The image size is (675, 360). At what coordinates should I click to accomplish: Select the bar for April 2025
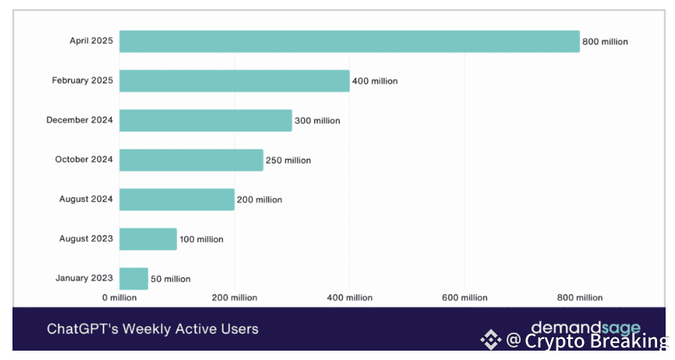coord(349,41)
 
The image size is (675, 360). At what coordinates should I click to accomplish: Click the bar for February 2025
coord(234,80)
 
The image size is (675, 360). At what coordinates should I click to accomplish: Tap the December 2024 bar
coord(205,120)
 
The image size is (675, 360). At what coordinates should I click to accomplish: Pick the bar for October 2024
coord(191,160)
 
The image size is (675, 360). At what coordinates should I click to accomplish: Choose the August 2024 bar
coord(177,199)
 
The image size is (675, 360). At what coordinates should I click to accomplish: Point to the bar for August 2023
coord(148,239)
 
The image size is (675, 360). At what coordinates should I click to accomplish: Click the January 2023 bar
coord(133,278)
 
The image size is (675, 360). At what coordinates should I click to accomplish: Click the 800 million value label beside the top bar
coord(605,41)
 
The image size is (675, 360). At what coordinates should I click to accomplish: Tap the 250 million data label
coord(288,161)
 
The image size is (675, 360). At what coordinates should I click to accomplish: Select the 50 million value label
coord(171,279)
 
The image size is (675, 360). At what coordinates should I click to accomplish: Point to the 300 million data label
coord(317,121)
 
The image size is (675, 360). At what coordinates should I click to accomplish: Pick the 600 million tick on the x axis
coord(464,297)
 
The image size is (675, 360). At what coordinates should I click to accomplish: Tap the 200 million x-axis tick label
coord(234,297)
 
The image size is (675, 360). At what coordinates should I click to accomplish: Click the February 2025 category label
coord(83,80)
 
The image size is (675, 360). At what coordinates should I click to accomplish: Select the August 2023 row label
coord(87,238)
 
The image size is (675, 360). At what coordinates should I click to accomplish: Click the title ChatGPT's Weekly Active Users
coord(152,329)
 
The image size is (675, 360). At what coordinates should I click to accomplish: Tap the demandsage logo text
coord(585,328)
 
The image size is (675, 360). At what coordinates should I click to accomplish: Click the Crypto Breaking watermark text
coord(596,341)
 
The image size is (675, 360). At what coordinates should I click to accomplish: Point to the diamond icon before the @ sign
coord(490,340)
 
